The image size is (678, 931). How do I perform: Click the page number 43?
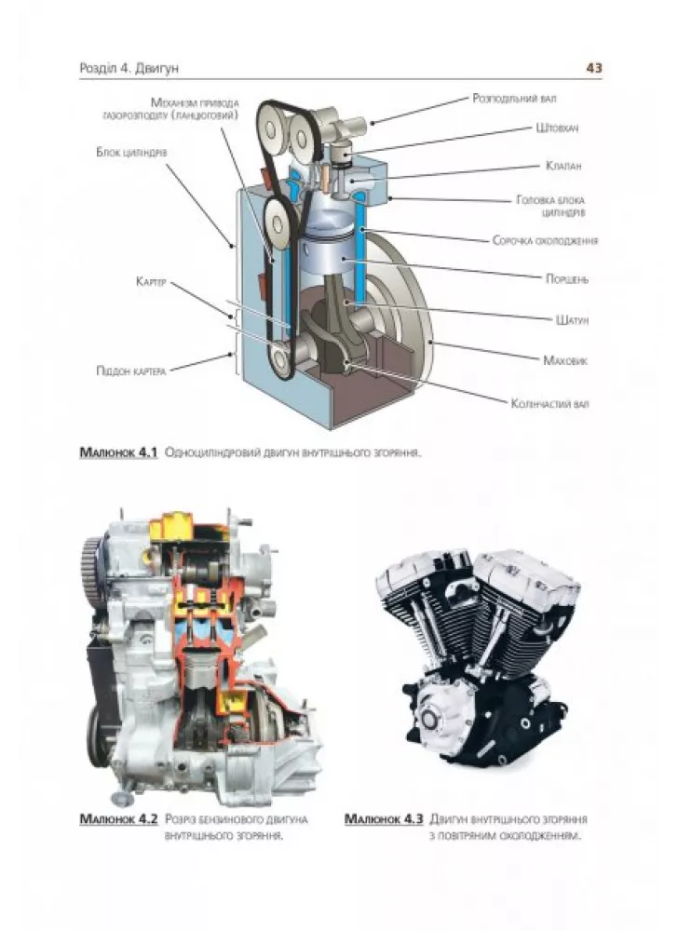click(x=593, y=68)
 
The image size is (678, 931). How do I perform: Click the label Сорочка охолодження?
click(x=545, y=240)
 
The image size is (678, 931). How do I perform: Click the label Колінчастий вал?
click(x=549, y=404)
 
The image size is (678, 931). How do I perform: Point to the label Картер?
click(x=149, y=280)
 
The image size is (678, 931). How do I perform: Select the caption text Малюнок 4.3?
click(x=384, y=820)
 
